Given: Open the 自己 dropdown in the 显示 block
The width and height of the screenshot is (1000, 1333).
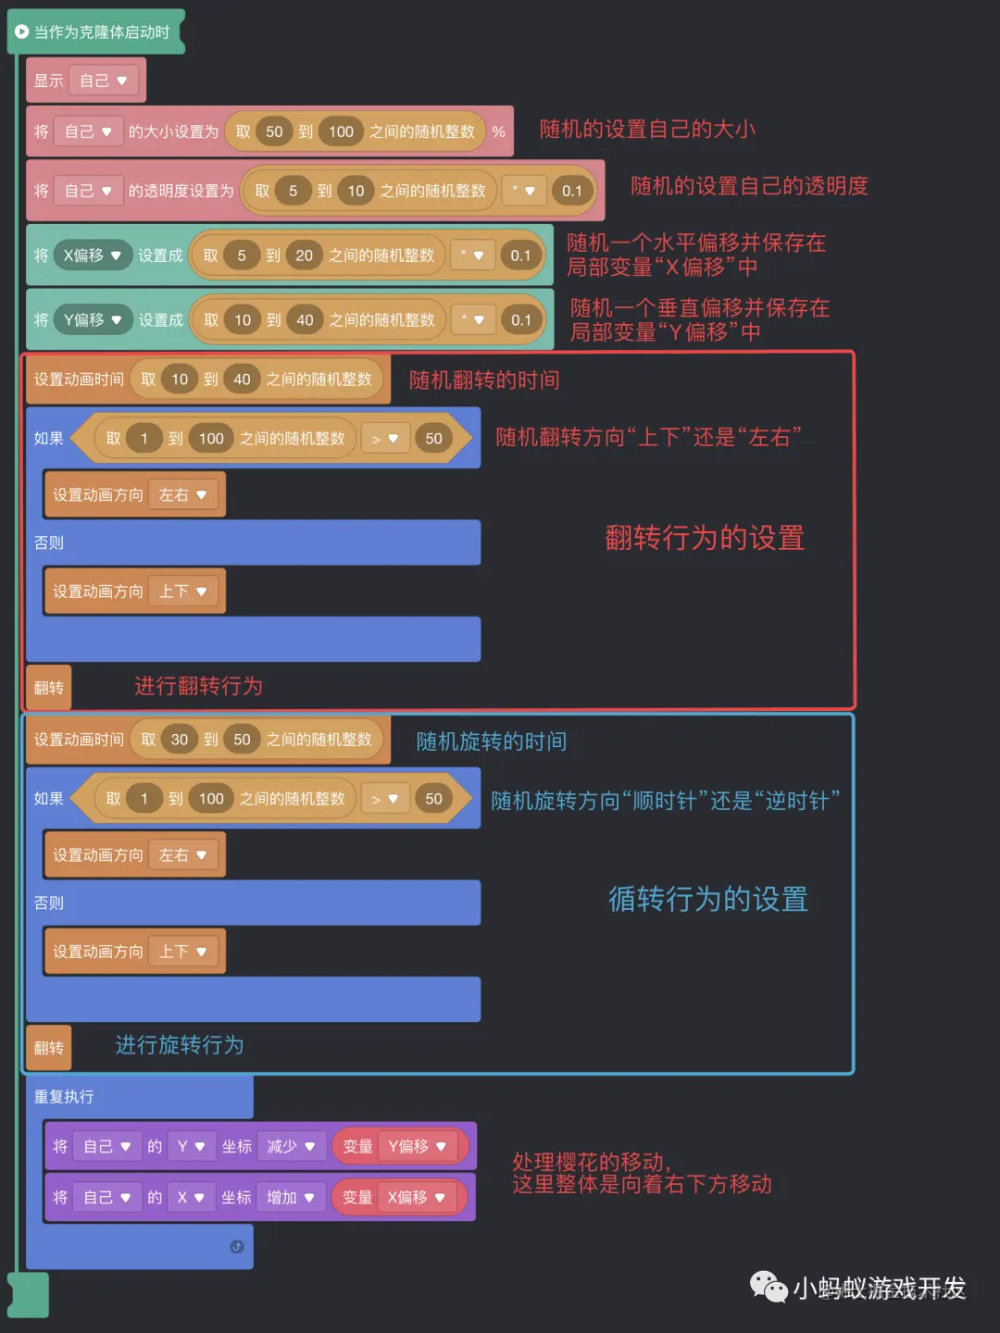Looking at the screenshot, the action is pyautogui.click(x=103, y=81).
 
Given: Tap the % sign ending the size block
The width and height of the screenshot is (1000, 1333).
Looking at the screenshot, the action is pyautogui.click(x=498, y=131).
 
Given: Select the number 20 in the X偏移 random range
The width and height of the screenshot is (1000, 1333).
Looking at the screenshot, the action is pyautogui.click(x=304, y=255).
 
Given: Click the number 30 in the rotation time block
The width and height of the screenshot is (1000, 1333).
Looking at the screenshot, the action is pyautogui.click(x=180, y=740).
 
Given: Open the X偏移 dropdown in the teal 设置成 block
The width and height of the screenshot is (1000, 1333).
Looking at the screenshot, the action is pyautogui.click(x=93, y=255).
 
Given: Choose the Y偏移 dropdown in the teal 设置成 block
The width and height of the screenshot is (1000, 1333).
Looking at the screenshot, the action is pyautogui.click(x=93, y=320).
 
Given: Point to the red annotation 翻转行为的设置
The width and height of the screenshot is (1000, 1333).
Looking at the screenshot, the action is pyautogui.click(x=704, y=538).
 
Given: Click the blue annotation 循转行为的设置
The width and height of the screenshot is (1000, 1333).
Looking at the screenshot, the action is pyautogui.click(x=707, y=899).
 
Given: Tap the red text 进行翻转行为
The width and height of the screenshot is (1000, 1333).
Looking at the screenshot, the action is pyautogui.click(x=198, y=686).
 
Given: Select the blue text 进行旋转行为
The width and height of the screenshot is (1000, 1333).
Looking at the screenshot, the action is pyautogui.click(x=180, y=1045).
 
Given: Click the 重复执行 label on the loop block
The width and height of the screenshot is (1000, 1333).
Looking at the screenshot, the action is pyautogui.click(x=64, y=1097).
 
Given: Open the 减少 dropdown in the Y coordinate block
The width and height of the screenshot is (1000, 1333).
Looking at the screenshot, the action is pyautogui.click(x=291, y=1147).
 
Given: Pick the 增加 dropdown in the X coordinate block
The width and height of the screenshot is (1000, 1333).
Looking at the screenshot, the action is pyautogui.click(x=291, y=1198).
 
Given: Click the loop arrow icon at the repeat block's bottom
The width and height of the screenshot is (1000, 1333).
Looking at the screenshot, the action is pyautogui.click(x=236, y=1247).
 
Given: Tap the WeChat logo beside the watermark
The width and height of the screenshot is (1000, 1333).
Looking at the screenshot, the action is pyautogui.click(x=768, y=1287).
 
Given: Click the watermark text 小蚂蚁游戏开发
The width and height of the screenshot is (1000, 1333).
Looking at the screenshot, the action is pyautogui.click(x=879, y=1288).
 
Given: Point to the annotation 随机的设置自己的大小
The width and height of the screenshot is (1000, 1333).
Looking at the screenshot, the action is pyautogui.click(x=646, y=130).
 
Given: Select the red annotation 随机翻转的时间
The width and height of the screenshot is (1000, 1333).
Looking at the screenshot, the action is pyautogui.click(x=483, y=380).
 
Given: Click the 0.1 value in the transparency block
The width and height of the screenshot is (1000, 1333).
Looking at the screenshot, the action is pyautogui.click(x=571, y=192).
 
